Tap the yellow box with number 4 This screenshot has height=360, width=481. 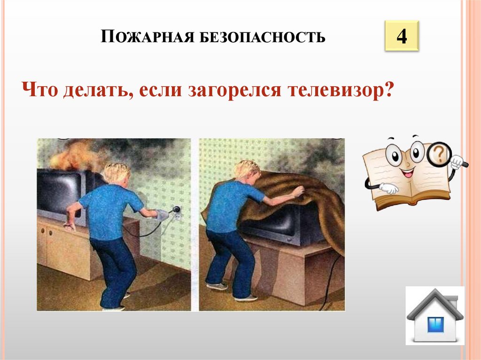click(x=401, y=36)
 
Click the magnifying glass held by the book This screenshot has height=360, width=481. click(x=440, y=153)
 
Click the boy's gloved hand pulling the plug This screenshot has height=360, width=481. click(x=162, y=214)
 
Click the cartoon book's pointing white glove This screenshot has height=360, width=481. click(x=388, y=188)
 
